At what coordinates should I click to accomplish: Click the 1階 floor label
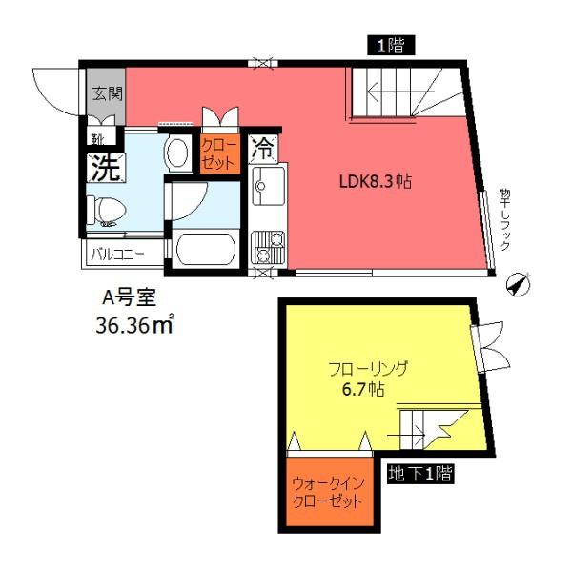tap(388, 45)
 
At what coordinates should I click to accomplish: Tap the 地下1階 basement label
tap(420, 474)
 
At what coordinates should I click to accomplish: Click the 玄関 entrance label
tap(106, 93)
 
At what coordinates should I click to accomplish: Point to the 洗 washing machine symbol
tap(105, 168)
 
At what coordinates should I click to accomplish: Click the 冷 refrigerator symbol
tap(263, 148)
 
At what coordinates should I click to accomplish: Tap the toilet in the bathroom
tap(105, 209)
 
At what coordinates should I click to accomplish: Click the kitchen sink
tap(263, 187)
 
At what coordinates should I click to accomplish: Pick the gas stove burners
tap(263, 247)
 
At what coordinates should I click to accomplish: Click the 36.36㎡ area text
tap(133, 327)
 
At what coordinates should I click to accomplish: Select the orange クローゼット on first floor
tap(218, 153)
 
